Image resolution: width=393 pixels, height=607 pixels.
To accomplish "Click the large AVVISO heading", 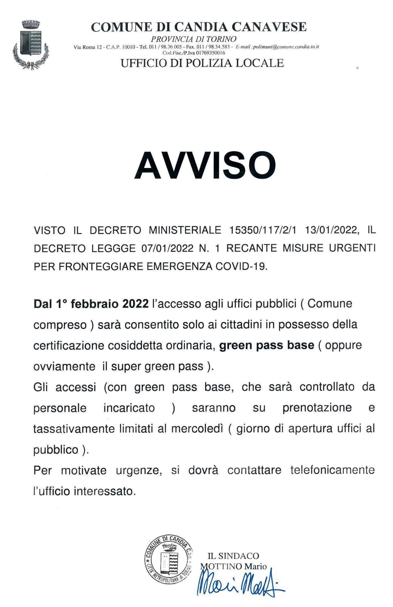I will (x=205, y=165).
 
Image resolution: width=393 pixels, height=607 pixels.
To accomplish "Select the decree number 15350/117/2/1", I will (x=263, y=230).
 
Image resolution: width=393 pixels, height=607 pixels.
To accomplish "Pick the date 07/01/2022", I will (x=168, y=248).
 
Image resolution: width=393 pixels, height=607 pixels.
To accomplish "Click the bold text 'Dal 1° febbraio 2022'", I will (x=91, y=304).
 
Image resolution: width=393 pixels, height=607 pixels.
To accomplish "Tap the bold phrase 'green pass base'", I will (x=266, y=345).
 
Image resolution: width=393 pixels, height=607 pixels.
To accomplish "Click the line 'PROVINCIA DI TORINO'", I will (x=194, y=39).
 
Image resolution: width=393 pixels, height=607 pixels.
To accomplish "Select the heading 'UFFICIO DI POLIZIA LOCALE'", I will (x=202, y=63).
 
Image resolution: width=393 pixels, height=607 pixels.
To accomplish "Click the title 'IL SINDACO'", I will (x=233, y=556).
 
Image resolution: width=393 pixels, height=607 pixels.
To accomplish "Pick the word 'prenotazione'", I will (x=317, y=408).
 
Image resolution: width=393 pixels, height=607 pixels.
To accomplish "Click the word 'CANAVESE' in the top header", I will (x=269, y=27).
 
